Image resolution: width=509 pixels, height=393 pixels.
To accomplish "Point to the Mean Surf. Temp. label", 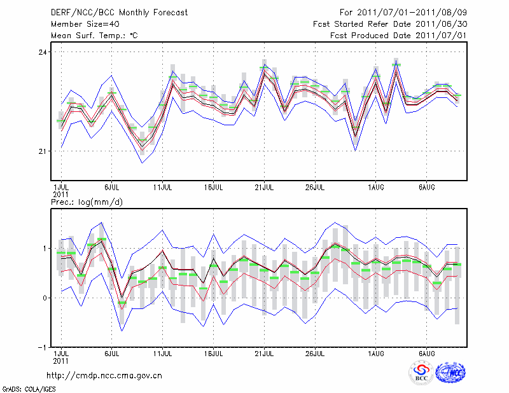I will tap(94, 35).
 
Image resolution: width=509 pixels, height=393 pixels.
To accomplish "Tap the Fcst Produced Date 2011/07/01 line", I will tap(394, 35).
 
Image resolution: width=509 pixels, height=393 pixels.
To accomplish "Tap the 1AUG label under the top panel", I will tap(375, 188).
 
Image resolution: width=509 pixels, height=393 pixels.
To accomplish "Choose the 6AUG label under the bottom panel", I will tap(426, 352).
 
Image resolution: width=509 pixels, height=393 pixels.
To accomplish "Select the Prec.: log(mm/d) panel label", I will tap(87, 202).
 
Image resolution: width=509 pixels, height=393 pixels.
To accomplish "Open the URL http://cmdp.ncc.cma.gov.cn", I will tap(105, 375).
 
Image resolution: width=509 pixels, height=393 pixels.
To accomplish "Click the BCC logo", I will tap(421, 372).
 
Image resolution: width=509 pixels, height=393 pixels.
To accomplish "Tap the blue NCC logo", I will tap(450, 372).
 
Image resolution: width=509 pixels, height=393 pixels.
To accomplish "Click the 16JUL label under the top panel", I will tap(214, 188).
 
